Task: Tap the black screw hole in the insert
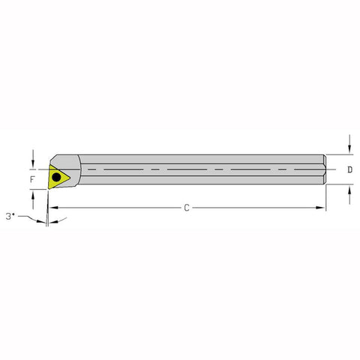[56, 178]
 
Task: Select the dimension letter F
[31, 180]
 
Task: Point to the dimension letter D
[350, 169]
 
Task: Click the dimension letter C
[186, 207]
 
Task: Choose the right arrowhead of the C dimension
[324, 207]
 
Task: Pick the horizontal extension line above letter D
[340, 154]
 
